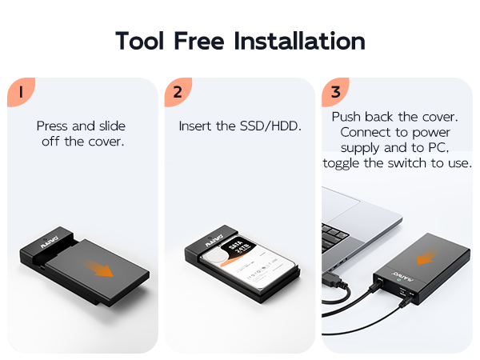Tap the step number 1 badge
click(19, 91)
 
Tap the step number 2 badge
click(177, 91)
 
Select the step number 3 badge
click(334, 91)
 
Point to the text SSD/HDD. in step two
click(271, 126)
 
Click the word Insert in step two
click(197, 126)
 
